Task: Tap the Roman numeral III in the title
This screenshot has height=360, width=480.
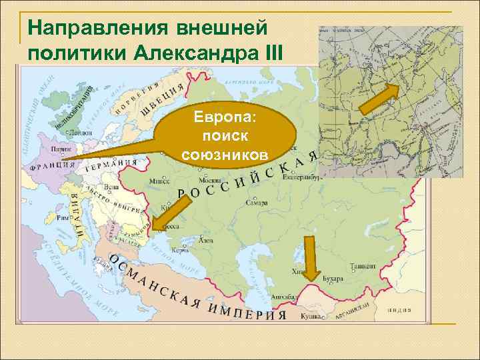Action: tap(271, 51)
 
